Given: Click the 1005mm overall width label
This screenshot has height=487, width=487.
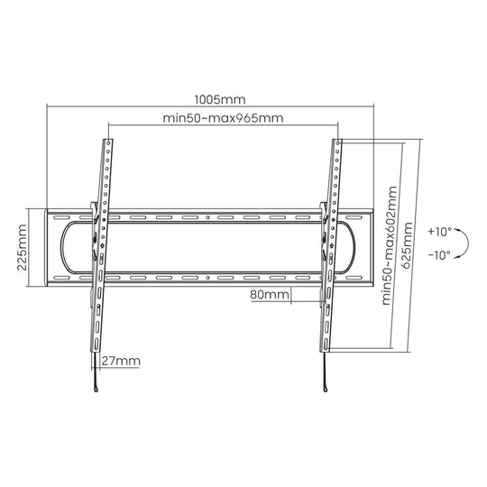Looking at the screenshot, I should [x=221, y=100].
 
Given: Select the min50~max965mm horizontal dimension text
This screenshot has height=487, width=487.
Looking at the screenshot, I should [x=221, y=117].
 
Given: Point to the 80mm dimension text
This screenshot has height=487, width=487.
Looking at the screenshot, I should [x=271, y=295].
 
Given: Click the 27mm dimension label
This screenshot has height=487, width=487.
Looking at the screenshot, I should [x=121, y=361].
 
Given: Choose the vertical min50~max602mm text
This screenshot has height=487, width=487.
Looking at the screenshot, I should [x=389, y=245].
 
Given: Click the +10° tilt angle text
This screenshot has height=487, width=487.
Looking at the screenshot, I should [x=440, y=230].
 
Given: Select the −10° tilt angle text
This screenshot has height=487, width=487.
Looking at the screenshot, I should [x=440, y=256].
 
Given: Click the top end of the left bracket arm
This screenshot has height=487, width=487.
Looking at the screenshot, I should [x=107, y=142].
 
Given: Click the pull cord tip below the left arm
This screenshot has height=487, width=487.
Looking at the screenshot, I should [x=94, y=389].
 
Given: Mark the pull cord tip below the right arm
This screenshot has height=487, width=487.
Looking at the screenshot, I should [x=323, y=389].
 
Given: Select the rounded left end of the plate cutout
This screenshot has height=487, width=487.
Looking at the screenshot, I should [x=65, y=249].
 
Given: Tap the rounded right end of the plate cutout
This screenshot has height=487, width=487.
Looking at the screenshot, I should [x=357, y=249].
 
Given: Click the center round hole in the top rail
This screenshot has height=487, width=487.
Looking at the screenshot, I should [x=207, y=219].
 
